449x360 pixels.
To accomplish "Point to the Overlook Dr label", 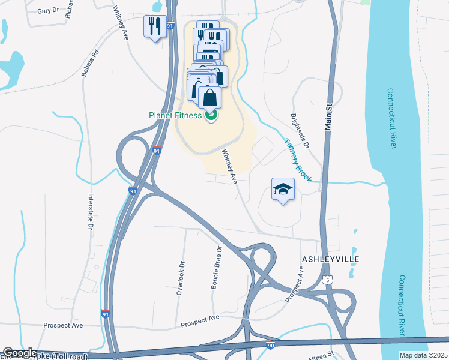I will (x=179, y=277).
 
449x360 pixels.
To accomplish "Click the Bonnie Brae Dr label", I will (x=217, y=268).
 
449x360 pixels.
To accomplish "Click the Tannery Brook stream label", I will (x=297, y=161).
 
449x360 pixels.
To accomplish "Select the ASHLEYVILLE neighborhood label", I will (x=330, y=259).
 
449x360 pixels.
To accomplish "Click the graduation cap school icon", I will (x=283, y=190).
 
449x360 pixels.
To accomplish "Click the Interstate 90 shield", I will (x=271, y=345).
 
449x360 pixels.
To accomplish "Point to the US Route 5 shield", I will (x=327, y=280).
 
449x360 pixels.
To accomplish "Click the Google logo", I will (x=20, y=353).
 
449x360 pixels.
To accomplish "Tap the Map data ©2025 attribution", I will (x=423, y=355).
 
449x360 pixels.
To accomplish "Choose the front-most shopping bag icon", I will (x=209, y=97).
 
